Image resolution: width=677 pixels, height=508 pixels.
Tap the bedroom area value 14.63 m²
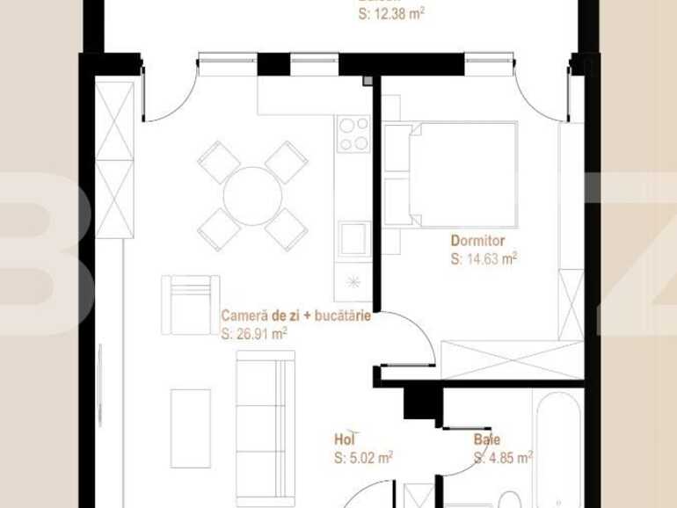click(483, 258)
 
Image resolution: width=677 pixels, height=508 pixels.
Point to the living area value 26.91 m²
click(255, 333)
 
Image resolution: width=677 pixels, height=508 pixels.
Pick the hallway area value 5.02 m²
click(363, 457)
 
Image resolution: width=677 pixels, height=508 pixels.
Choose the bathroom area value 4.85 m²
click(503, 457)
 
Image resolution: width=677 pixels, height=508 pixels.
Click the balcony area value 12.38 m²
click(392, 14)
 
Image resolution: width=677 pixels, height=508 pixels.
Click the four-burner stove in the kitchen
click(353, 134)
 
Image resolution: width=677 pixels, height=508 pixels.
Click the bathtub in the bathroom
click(557, 448)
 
